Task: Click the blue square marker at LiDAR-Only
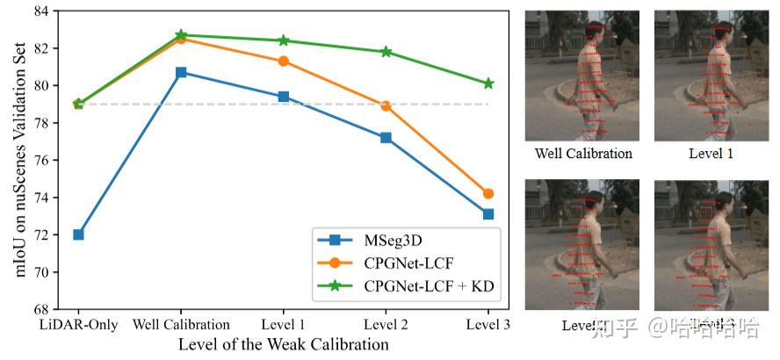[x=78, y=234]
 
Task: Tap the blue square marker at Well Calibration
[x=181, y=72]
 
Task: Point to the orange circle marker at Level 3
[x=488, y=193]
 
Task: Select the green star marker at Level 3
[x=488, y=83]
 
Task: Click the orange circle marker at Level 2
[x=386, y=106]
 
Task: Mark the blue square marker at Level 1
[x=284, y=97]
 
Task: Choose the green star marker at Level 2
[x=386, y=52]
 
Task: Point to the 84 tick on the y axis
[x=40, y=11]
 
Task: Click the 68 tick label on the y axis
[x=40, y=310]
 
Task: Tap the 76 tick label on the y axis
[x=40, y=161]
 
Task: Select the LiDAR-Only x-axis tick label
[x=78, y=325]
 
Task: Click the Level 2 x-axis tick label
[x=386, y=325]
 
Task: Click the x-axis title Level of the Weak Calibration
[x=283, y=344]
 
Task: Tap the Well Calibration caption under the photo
[x=583, y=154]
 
